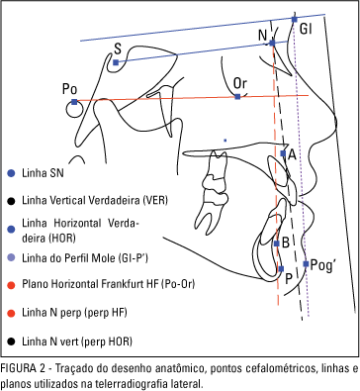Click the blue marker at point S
click(x=116, y=62)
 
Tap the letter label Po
click(x=69, y=88)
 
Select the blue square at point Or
click(x=238, y=97)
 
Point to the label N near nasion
click(x=262, y=36)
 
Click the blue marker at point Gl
click(x=294, y=20)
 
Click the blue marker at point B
click(x=276, y=243)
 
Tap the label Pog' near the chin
click(x=322, y=265)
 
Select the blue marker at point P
click(x=282, y=268)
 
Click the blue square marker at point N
click(x=272, y=44)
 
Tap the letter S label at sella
click(x=118, y=48)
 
